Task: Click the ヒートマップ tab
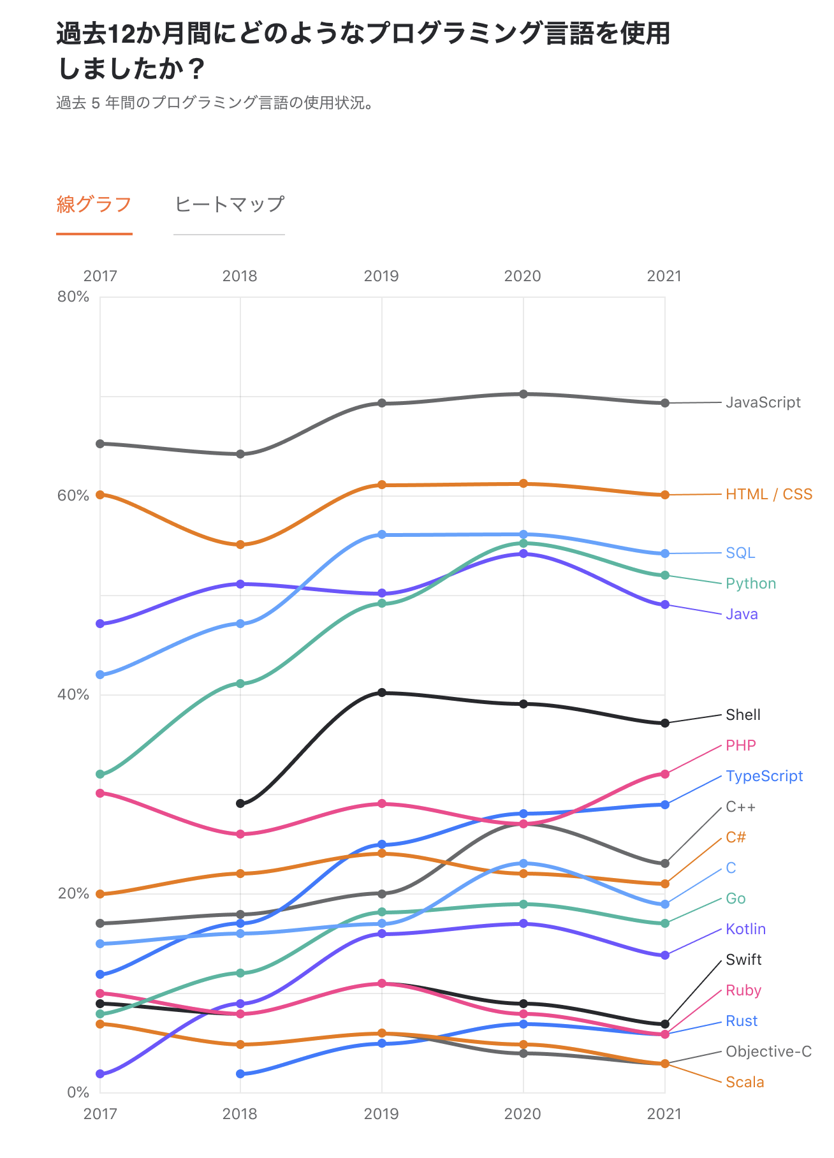click(x=229, y=205)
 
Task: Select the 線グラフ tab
click(x=94, y=205)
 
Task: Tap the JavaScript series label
click(x=763, y=402)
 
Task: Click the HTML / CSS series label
click(x=769, y=494)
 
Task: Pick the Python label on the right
click(x=750, y=583)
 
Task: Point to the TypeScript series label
click(x=764, y=776)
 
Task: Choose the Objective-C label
click(x=768, y=1052)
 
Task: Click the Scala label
click(x=745, y=1082)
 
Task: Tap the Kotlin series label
click(x=745, y=929)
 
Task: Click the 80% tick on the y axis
click(x=73, y=297)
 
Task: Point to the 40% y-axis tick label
click(x=73, y=694)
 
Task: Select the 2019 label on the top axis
click(x=381, y=276)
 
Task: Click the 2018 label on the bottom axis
click(x=240, y=1114)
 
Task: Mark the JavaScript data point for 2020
click(x=523, y=394)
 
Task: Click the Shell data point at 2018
click(x=240, y=803)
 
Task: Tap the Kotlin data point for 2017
click(x=100, y=1074)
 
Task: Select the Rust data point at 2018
click(x=240, y=1074)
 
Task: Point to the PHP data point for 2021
click(x=665, y=774)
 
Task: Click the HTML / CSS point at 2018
click(x=240, y=545)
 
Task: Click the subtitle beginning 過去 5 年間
click(x=215, y=103)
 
